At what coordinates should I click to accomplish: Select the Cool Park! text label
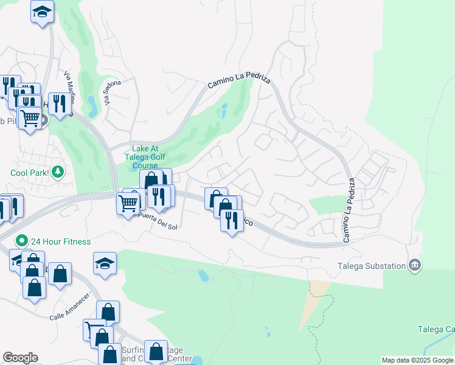pos(30,172)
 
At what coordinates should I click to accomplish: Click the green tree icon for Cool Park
pos(58,172)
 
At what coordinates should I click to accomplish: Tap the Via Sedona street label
pos(113,92)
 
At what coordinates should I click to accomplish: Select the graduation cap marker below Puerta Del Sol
pos(105,263)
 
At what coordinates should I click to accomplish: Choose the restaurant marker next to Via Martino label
pos(59,103)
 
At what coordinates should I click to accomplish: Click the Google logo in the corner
pos(20,358)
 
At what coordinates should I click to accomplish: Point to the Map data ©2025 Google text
pos(417,360)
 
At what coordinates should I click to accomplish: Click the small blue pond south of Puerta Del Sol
pos(203,276)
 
